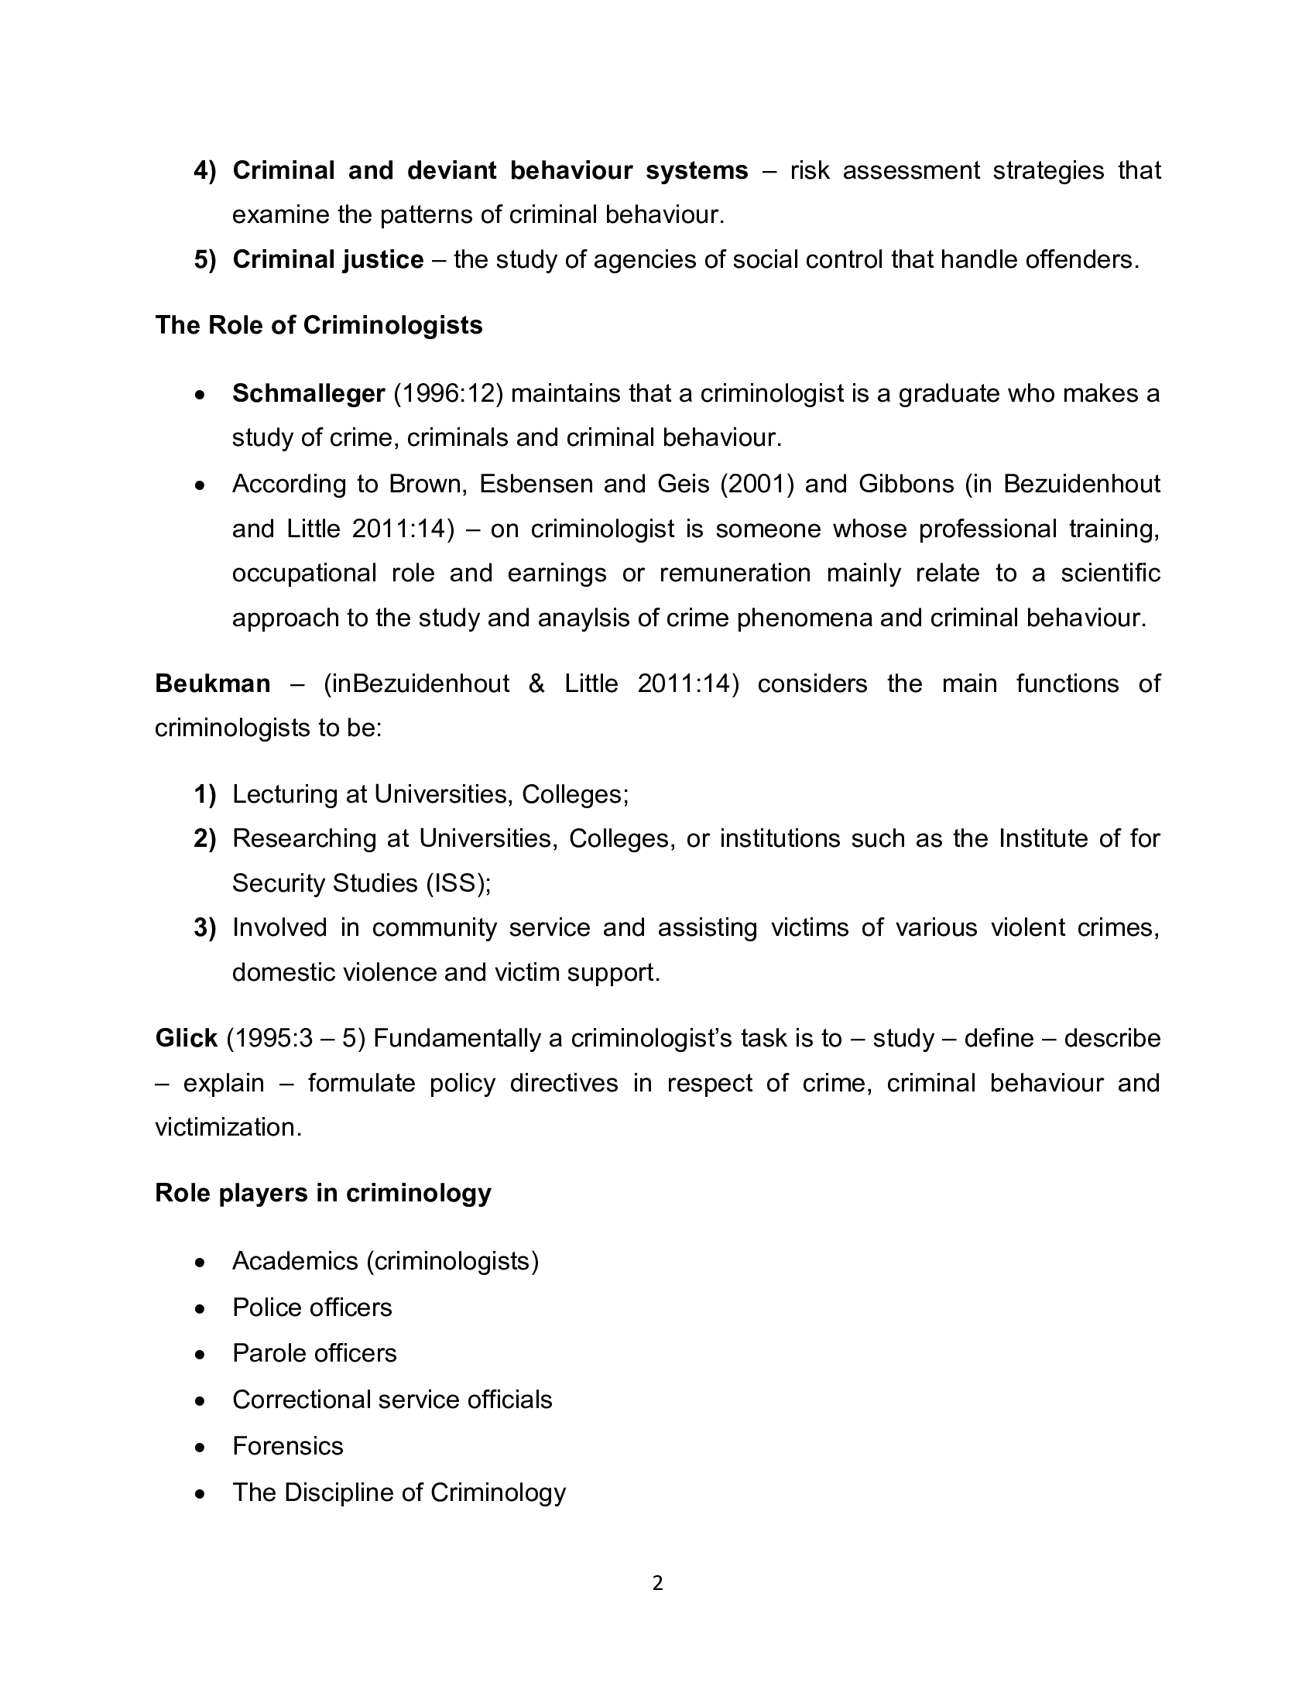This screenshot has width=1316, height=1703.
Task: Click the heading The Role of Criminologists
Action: [x=319, y=325]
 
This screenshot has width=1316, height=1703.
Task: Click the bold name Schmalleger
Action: [x=309, y=394]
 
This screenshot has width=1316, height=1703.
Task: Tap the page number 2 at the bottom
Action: [x=657, y=1583]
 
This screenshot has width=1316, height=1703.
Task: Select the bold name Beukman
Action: [x=213, y=684]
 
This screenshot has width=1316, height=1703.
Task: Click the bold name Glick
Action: [x=187, y=1039]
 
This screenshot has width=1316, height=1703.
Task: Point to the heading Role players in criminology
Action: [x=323, y=1193]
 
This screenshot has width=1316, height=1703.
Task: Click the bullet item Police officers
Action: [x=312, y=1307]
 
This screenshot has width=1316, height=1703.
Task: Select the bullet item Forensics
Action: [x=288, y=1447]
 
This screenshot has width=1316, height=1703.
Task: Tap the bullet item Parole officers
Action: [x=314, y=1353]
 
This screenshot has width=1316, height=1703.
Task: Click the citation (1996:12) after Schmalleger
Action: [x=448, y=394]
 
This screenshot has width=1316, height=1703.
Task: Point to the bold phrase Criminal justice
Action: [x=328, y=259]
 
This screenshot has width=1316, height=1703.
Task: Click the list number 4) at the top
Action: [x=205, y=171]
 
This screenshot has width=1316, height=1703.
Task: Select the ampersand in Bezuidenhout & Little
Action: [x=536, y=684]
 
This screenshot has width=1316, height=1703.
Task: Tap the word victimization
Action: [x=228, y=1128]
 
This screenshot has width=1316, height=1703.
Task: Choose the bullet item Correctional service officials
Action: [x=392, y=1400]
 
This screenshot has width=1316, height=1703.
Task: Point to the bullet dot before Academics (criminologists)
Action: [x=201, y=1262]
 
